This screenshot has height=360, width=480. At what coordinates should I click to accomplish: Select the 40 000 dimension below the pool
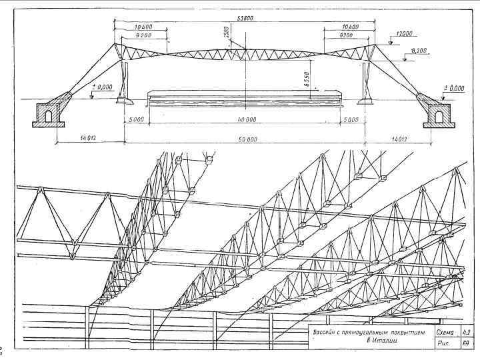[243, 119]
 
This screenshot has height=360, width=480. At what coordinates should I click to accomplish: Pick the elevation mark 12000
[405, 33]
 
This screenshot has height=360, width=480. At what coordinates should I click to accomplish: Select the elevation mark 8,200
[420, 51]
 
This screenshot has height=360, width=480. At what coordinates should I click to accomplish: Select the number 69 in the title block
[467, 342]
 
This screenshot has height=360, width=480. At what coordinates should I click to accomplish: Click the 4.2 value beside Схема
[467, 331]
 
